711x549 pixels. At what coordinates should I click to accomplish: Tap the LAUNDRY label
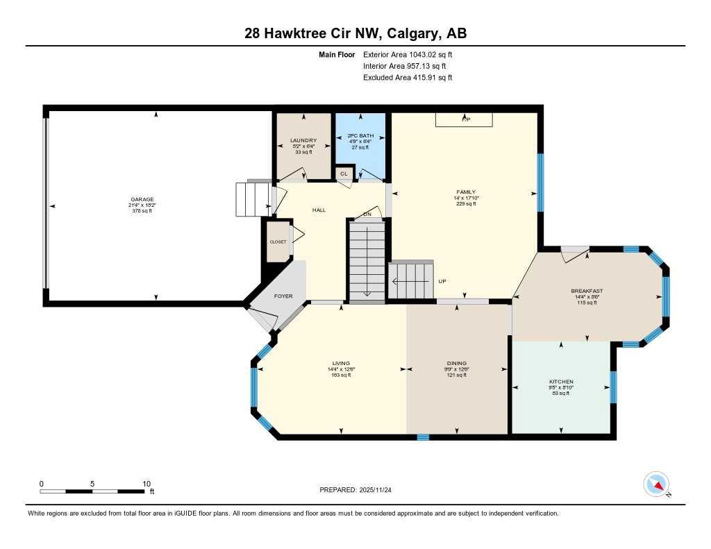pos(303,141)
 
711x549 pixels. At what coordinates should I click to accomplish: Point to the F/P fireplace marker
pos(465,119)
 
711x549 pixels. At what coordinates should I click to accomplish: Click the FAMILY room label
pos(465,192)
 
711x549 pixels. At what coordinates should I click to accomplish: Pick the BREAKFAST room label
pos(587,291)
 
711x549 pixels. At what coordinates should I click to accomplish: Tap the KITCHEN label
pos(561,382)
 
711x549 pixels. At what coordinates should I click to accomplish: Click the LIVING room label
pos(340,363)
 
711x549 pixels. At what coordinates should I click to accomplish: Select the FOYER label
pos(283,296)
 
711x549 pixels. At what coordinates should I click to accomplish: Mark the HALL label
pos(319,210)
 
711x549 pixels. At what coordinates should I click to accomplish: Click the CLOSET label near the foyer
pos(278,242)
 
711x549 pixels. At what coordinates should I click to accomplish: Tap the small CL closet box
pos(344,173)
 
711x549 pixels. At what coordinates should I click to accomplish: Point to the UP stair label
pos(442,281)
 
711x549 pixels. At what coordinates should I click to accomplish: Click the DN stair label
pos(367,214)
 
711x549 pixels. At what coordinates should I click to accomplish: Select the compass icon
pos(656,484)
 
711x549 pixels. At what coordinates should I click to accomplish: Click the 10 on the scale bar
pos(147,484)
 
